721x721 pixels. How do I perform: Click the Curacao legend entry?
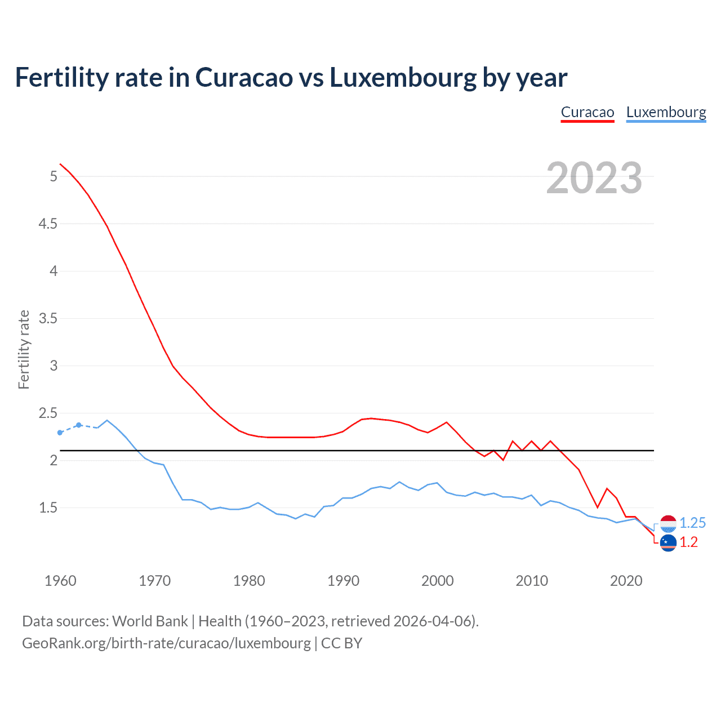click(587, 113)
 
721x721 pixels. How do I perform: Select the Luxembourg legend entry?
click(666, 113)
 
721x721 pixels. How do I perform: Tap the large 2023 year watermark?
click(594, 178)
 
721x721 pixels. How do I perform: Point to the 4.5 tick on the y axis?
click(48, 224)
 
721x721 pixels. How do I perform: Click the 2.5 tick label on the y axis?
click(48, 413)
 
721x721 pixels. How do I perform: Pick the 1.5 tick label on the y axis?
click(48, 508)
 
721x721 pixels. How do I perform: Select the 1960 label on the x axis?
click(60, 581)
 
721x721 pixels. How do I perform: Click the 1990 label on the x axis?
click(343, 581)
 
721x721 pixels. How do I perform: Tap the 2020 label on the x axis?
click(626, 581)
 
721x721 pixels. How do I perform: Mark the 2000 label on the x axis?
click(437, 581)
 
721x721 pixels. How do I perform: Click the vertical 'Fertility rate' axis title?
click(24, 349)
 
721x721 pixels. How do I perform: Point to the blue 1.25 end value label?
click(692, 523)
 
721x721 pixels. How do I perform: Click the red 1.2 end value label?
click(688, 542)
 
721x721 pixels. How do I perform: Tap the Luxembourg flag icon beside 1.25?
click(668, 524)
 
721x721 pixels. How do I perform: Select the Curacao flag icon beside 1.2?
click(668, 543)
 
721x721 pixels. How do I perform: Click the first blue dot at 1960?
click(60, 433)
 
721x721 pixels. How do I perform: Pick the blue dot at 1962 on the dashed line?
click(79, 425)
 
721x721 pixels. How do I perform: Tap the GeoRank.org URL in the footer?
click(166, 643)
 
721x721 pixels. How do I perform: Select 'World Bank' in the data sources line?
click(150, 621)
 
